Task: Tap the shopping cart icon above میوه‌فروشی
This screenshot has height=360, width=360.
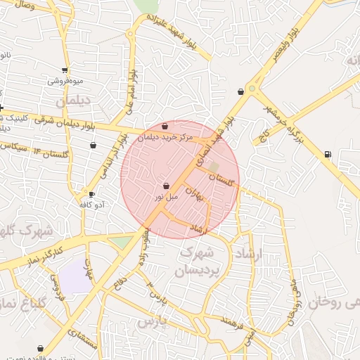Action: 65,70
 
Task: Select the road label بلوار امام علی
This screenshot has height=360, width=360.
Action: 129,92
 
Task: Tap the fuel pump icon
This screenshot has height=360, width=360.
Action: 327,154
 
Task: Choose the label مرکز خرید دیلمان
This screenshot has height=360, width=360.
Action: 165,138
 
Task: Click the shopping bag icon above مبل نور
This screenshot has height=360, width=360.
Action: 166,186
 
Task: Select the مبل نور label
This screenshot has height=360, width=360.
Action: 167,197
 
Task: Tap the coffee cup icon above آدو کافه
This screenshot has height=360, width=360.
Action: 91,193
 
